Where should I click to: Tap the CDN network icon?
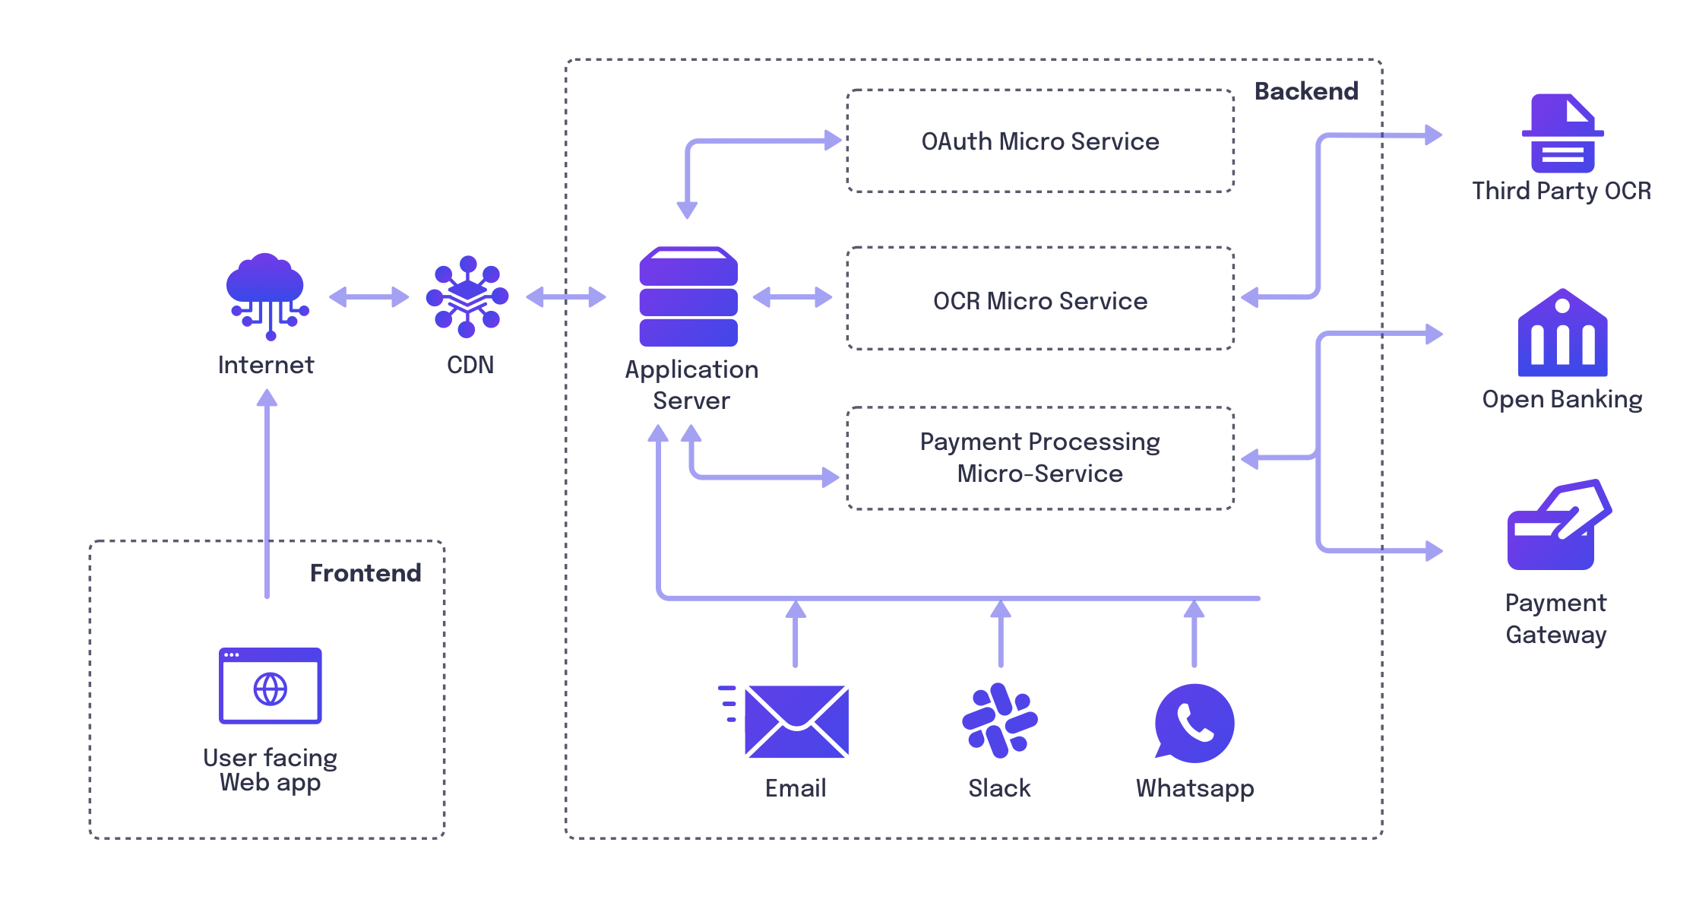point(467,296)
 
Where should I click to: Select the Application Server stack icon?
point(688,296)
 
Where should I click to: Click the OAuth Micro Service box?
point(1039,141)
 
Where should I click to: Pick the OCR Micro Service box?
point(1039,300)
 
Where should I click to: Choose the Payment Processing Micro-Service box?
point(1039,458)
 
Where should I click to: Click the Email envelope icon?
point(796,721)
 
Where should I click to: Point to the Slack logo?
point(1000,721)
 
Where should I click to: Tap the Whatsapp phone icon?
point(1194,723)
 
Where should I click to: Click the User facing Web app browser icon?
point(271,686)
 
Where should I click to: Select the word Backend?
point(1305,91)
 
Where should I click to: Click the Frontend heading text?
point(365,573)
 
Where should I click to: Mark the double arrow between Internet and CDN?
point(369,296)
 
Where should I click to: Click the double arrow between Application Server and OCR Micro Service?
point(793,297)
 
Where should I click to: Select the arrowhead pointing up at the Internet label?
point(267,398)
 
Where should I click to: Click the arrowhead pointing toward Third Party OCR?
point(1433,135)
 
